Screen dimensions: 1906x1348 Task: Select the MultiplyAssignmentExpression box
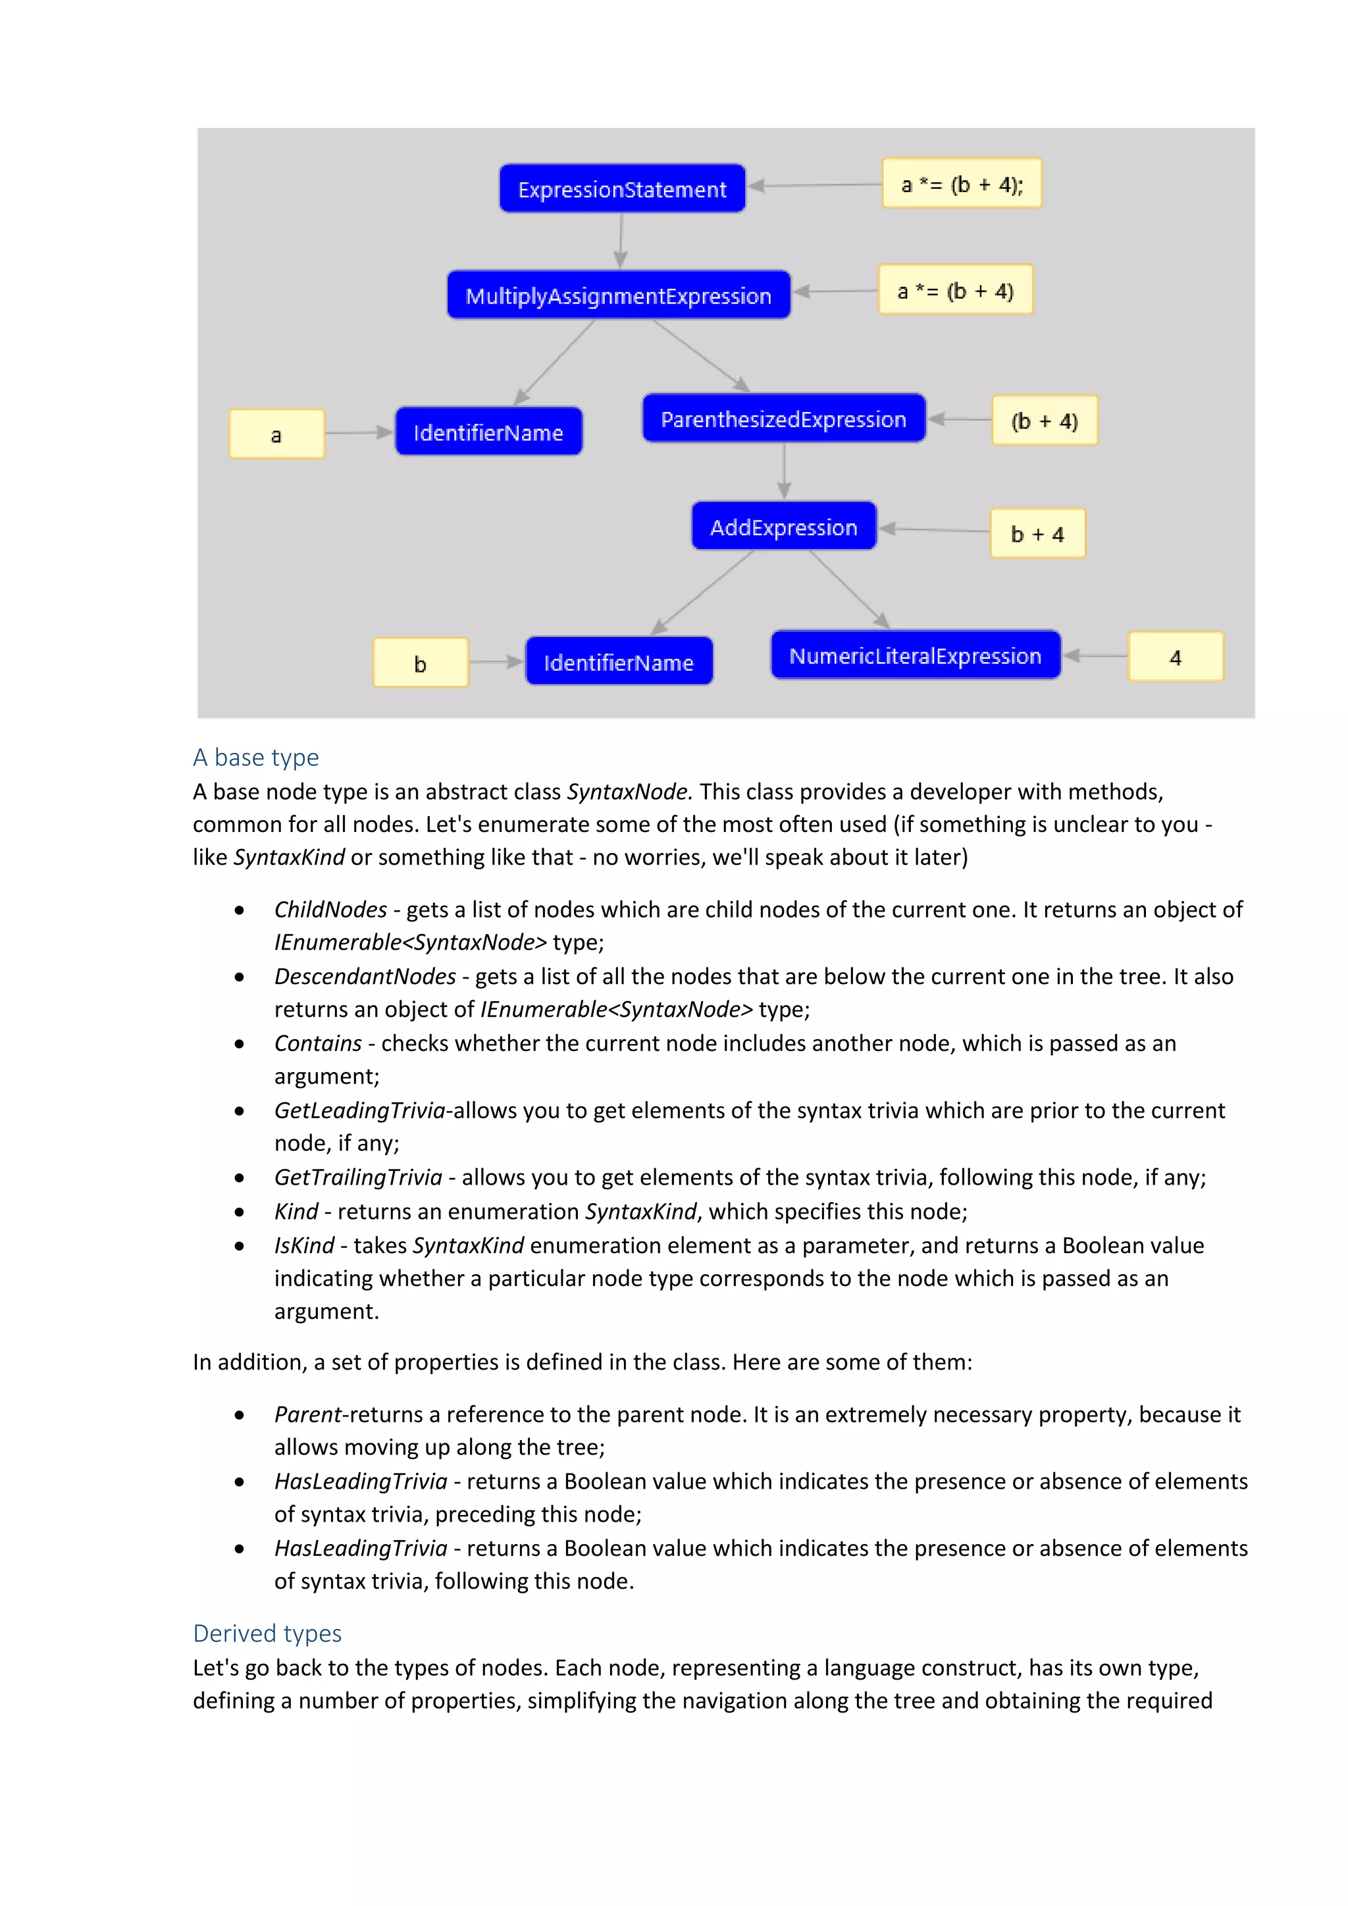619,296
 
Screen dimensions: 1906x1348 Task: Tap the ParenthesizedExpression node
783,419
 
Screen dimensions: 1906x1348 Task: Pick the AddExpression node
783,527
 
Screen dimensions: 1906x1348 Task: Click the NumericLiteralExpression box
915,656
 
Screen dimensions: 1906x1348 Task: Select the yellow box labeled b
420,663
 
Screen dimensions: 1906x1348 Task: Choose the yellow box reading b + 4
1037,534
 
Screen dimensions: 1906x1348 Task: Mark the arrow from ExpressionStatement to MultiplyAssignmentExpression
621,241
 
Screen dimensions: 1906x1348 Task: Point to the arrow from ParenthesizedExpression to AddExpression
783,471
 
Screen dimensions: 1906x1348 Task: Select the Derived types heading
267,1633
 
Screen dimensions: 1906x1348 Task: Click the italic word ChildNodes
330,910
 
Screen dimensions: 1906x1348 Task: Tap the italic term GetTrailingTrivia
358,1177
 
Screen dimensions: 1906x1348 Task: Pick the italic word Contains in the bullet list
318,1043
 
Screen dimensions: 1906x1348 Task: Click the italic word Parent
308,1414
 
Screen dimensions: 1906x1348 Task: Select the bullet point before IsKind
240,1245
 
